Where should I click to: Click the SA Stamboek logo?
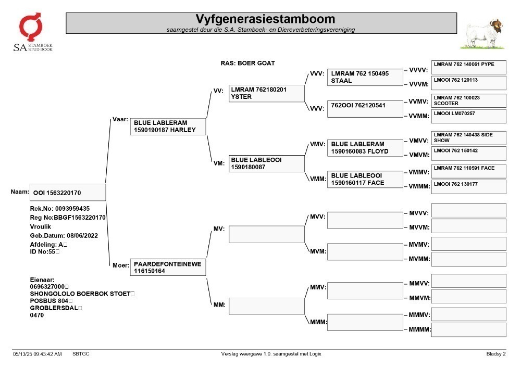(x=33, y=32)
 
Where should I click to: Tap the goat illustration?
(x=483, y=34)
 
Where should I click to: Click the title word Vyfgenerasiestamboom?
(x=265, y=19)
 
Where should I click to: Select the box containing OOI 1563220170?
(x=68, y=193)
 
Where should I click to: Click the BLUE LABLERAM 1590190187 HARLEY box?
(x=168, y=126)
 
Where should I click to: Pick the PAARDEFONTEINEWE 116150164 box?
(x=168, y=267)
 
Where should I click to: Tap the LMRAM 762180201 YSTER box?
(x=266, y=93)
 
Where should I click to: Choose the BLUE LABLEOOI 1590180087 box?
(x=266, y=163)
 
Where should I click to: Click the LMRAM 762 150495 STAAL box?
(x=365, y=78)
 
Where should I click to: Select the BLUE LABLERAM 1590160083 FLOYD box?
(x=365, y=148)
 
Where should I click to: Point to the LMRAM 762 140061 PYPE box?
(x=469, y=67)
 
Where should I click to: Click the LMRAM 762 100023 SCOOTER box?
(x=469, y=100)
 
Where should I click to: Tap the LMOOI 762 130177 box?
(x=469, y=187)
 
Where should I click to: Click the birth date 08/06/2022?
(x=82, y=236)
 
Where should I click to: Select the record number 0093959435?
(x=72, y=209)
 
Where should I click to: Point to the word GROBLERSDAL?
(x=54, y=308)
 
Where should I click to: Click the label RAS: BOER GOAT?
(x=248, y=63)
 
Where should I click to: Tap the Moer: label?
(x=121, y=265)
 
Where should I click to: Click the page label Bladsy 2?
(x=496, y=354)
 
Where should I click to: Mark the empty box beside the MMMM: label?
(x=469, y=330)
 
